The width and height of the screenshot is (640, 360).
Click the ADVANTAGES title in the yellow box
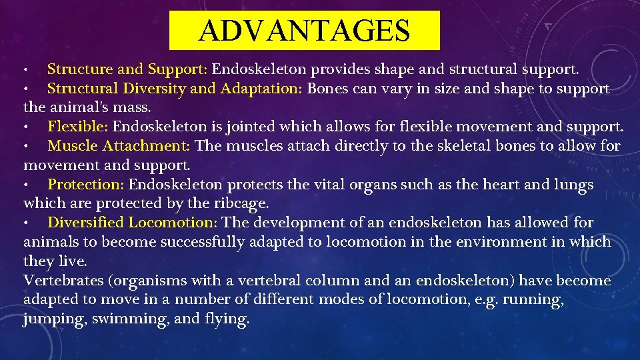(304, 30)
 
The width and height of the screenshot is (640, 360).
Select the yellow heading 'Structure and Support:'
(128, 69)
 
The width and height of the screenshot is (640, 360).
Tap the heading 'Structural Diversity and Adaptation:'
(175, 88)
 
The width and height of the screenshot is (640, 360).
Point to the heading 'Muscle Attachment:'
(119, 145)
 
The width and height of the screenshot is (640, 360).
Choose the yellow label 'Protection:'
(86, 184)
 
